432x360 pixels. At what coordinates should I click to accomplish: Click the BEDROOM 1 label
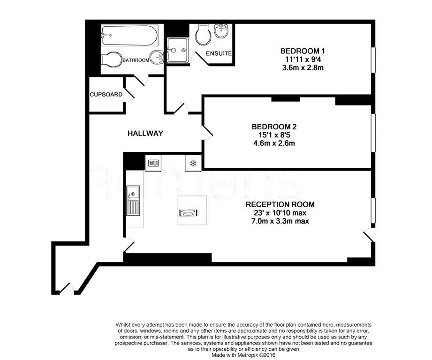coord(303,51)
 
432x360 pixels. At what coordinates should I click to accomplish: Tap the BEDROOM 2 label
coord(274,126)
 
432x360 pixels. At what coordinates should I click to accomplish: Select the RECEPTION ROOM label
coord(280,204)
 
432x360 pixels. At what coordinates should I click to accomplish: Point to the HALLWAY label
coord(145,134)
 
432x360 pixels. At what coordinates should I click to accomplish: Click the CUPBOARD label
coord(106,94)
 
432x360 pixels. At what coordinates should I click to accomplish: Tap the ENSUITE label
coord(219,53)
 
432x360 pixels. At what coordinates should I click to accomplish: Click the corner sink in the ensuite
coord(221,31)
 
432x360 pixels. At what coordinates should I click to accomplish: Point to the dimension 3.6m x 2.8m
coord(303,67)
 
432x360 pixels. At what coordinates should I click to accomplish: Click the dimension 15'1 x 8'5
coord(274,135)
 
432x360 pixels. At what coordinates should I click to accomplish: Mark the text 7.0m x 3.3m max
coord(280,221)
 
